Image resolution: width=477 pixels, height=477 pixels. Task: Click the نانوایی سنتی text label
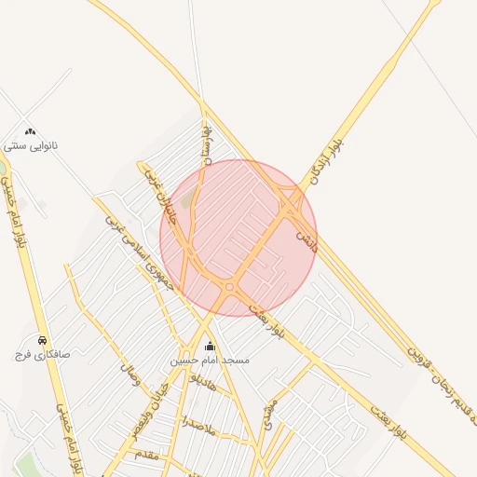[32, 146]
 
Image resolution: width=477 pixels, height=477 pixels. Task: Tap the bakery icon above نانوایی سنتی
[31, 132]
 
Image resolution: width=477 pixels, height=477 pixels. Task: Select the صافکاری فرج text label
[36, 354]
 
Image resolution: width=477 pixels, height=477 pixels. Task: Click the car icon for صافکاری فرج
[43, 340]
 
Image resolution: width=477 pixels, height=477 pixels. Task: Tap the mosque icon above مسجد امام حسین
[209, 346]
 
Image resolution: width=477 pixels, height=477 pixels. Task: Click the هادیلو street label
[202, 383]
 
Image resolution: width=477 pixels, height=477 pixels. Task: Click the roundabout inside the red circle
[229, 287]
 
